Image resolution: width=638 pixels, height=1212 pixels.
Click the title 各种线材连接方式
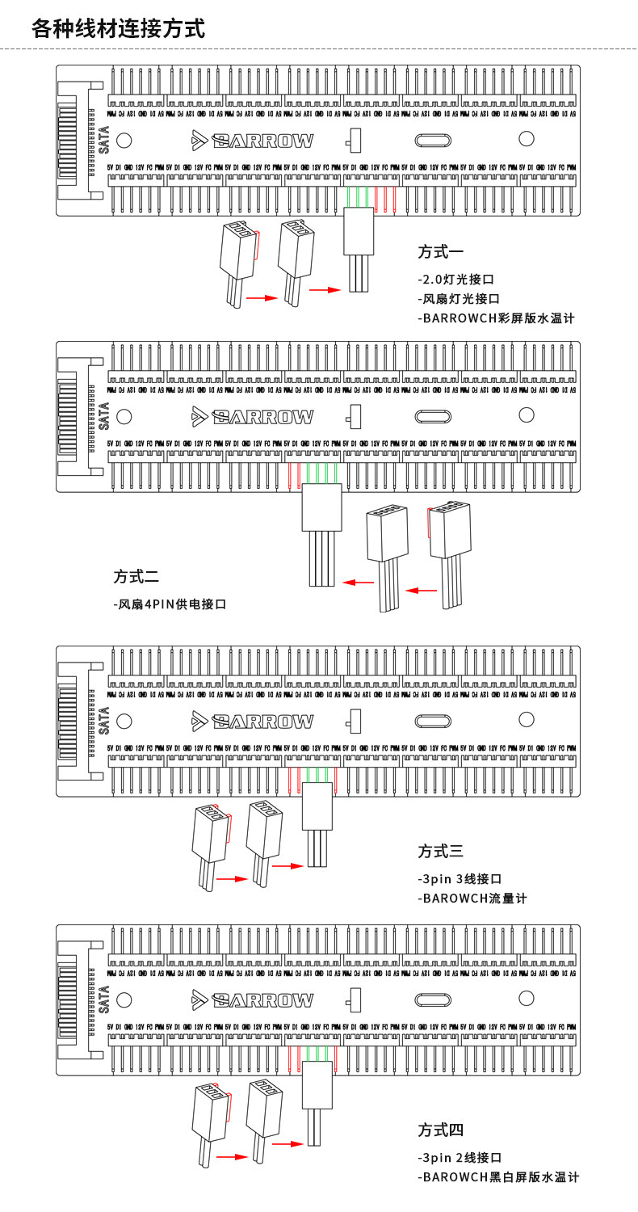pyautogui.click(x=118, y=29)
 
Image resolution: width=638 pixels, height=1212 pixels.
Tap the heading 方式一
pyautogui.click(x=440, y=251)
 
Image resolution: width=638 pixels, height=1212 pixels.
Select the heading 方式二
pyautogui.click(x=136, y=577)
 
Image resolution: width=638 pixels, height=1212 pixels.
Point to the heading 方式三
pyautogui.click(x=440, y=851)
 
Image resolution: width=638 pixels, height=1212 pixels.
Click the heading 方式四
pyautogui.click(x=440, y=1130)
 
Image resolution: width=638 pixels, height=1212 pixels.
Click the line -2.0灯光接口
pyautogui.click(x=455, y=280)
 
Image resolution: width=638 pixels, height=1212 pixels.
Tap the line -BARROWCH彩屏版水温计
pyautogui.click(x=496, y=318)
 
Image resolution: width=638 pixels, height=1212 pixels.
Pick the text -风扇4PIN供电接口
pyautogui.click(x=170, y=604)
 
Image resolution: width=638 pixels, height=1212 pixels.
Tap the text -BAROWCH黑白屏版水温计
pyautogui.click(x=498, y=1177)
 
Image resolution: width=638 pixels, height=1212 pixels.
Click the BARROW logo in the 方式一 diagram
pyautogui.click(x=253, y=141)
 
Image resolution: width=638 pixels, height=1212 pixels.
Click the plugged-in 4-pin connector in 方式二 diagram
pyautogui.click(x=321, y=507)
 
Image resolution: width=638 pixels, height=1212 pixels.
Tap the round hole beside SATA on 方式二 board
pyautogui.click(x=124, y=416)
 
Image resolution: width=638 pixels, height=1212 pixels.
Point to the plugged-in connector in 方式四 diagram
pyautogui.click(x=317, y=1084)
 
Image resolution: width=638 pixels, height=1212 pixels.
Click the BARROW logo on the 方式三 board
pyautogui.click(x=253, y=721)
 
